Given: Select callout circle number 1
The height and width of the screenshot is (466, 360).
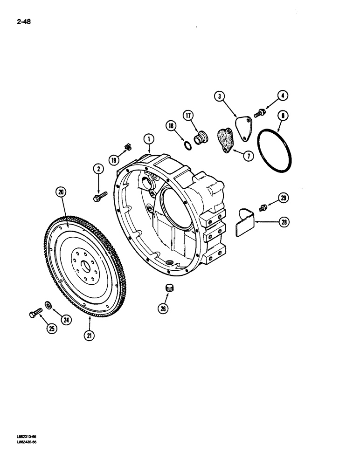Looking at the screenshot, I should [x=148, y=138].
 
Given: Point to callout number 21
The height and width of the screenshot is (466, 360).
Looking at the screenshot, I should [x=90, y=334].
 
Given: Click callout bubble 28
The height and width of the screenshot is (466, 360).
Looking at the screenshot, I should [x=284, y=223].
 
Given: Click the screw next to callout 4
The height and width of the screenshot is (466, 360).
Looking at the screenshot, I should [x=259, y=111].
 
